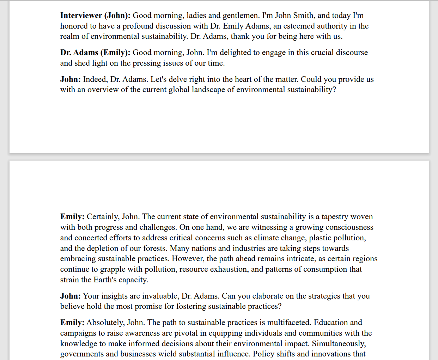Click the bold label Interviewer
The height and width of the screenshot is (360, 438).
(81, 16)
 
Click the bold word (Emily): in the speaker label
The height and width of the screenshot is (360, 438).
(115, 53)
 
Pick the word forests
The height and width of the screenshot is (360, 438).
(154, 248)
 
